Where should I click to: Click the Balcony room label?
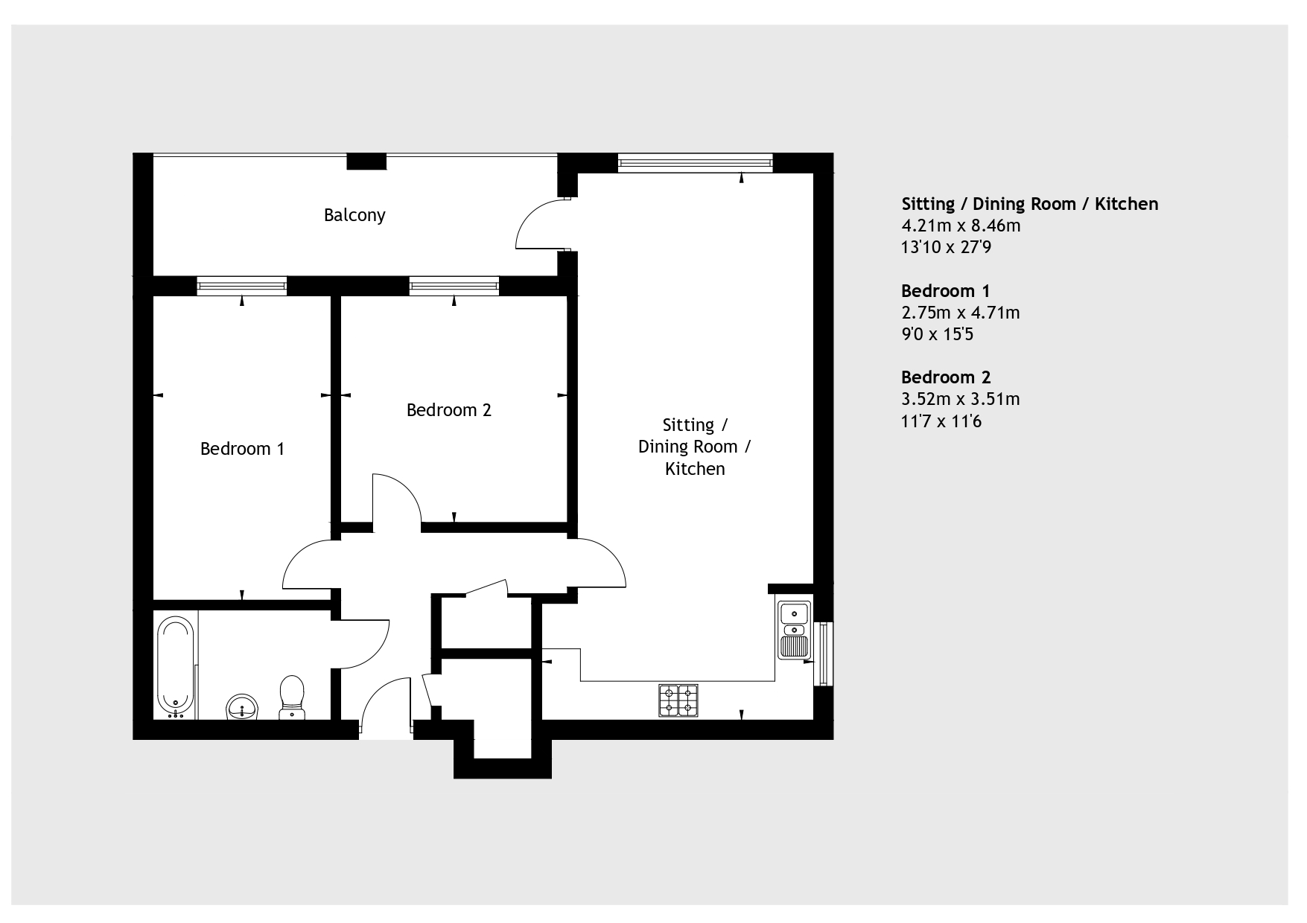point(354,215)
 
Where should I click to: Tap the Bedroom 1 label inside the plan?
point(242,449)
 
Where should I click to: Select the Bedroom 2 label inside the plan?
point(448,410)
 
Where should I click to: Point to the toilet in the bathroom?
point(292,697)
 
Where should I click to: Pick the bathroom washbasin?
point(242,706)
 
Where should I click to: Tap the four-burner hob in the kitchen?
point(678,700)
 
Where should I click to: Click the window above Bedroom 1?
point(242,285)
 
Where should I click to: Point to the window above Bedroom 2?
point(454,285)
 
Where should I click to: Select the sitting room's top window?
point(695,162)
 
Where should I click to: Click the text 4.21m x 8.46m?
point(961,226)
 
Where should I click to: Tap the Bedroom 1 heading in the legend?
point(946,291)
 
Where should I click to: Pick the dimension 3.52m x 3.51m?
point(961,399)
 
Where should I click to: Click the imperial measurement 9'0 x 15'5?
point(938,334)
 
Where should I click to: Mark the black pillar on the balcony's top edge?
point(366,161)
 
